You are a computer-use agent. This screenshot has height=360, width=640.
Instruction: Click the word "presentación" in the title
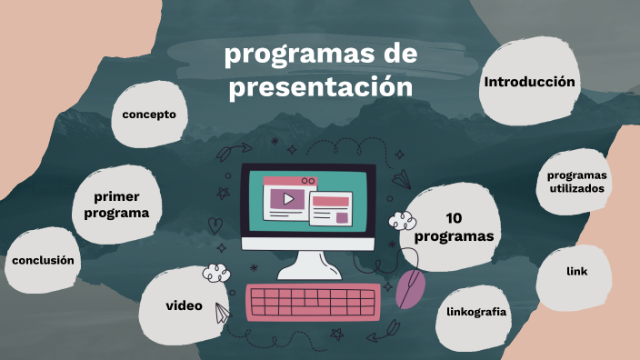click(321, 88)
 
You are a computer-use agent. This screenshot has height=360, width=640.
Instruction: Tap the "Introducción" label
click(530, 82)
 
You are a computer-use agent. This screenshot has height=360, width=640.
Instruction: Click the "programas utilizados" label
click(577, 182)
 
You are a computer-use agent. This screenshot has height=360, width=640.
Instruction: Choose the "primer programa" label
click(116, 205)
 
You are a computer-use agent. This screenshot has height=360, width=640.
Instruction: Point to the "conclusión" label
click(42, 260)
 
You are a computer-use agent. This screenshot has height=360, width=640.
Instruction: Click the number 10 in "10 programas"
click(455, 218)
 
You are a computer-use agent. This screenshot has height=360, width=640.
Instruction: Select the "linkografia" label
click(476, 312)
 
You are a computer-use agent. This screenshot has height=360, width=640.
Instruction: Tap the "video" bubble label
click(184, 305)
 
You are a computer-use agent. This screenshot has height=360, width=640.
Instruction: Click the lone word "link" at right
click(576, 271)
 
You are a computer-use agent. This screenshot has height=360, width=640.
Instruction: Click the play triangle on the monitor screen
click(287, 198)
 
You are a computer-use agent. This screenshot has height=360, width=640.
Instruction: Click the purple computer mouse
click(411, 288)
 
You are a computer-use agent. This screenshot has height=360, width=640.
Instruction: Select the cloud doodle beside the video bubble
click(215, 272)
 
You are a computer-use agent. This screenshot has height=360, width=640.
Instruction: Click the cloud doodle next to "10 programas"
click(401, 220)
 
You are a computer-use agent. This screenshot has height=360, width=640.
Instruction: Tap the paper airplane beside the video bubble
click(221, 314)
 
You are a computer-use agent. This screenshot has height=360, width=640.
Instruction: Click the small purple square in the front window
click(342, 218)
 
